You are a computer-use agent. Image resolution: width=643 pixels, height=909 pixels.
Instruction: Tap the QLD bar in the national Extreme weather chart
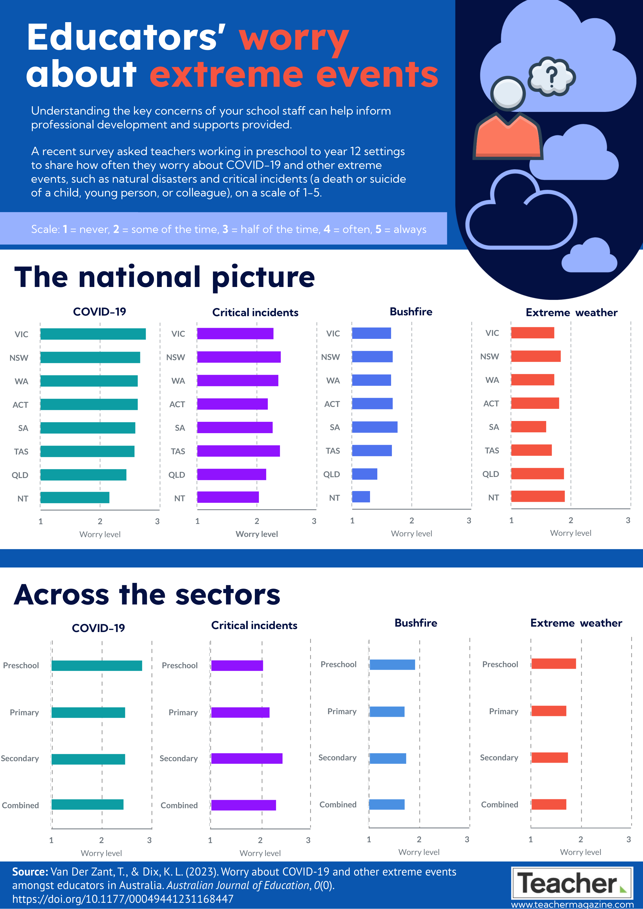pyautogui.click(x=537, y=473)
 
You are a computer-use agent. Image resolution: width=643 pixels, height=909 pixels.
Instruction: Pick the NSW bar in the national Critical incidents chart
pyautogui.click(x=239, y=357)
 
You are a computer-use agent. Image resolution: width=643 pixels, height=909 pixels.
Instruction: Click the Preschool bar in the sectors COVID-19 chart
pyautogui.click(x=96, y=666)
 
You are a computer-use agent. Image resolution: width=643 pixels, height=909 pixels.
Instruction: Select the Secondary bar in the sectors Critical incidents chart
pyautogui.click(x=247, y=758)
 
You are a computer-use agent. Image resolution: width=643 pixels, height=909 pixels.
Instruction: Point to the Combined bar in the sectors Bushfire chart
pyautogui.click(x=387, y=804)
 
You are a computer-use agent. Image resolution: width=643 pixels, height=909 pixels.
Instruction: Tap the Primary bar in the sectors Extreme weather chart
pyautogui.click(x=549, y=711)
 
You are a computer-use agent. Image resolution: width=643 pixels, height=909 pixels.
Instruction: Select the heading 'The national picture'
pyautogui.click(x=164, y=278)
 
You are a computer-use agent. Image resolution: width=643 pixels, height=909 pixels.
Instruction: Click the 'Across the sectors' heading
pyautogui.click(x=147, y=595)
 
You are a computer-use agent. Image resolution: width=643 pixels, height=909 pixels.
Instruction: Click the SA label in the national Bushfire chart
pyautogui.click(x=335, y=427)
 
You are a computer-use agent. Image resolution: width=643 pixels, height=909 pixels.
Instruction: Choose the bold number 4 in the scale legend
pyautogui.click(x=327, y=229)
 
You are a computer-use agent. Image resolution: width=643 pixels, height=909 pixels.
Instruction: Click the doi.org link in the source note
pyautogui.click(x=123, y=899)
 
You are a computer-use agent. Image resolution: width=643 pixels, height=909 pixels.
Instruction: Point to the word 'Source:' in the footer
pyautogui.click(x=30, y=872)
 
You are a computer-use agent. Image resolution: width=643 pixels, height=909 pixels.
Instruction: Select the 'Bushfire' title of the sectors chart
pyautogui.click(x=416, y=623)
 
